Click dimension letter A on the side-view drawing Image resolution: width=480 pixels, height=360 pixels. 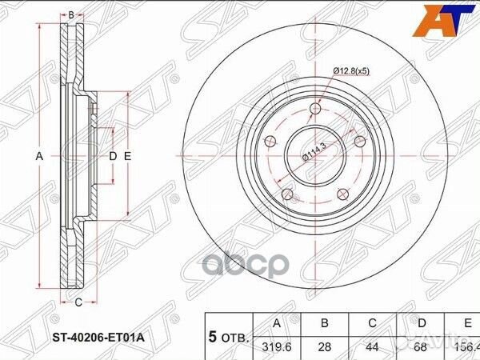coord(38,157)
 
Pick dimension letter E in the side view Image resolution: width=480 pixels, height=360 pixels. coord(126,156)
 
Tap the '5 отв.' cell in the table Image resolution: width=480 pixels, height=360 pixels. coord(229,338)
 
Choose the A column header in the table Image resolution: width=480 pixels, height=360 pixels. coord(278,322)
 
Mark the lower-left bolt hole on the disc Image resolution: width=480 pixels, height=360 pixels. coord(286,193)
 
